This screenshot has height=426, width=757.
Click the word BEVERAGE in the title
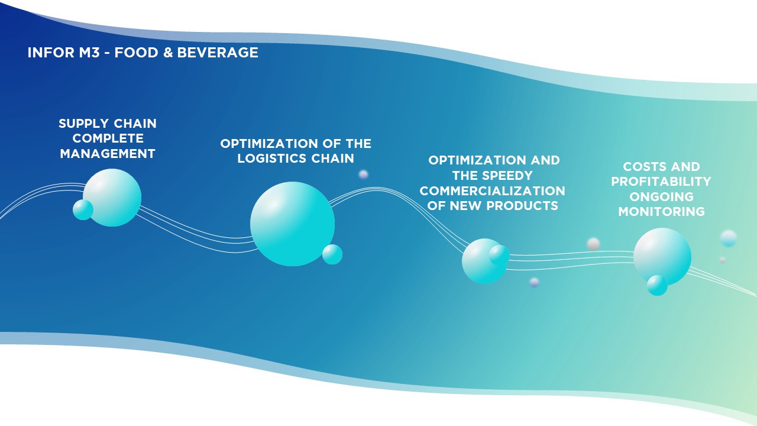[x=218, y=53]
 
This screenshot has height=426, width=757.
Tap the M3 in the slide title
[x=89, y=53]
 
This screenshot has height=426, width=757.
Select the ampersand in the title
[x=167, y=53]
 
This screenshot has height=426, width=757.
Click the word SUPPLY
[x=83, y=124]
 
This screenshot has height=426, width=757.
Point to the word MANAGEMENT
[x=108, y=154]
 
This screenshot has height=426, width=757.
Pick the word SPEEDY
[x=511, y=176]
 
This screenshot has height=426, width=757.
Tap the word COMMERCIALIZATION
[x=493, y=191]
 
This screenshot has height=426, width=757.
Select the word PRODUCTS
[x=522, y=205]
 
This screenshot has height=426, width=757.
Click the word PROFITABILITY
[x=661, y=182]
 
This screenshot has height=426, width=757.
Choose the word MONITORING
[x=661, y=212]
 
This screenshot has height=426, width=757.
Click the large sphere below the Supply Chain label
[x=112, y=198]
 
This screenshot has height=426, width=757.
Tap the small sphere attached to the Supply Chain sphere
[x=83, y=209]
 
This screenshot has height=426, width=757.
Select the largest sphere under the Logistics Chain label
[x=292, y=224]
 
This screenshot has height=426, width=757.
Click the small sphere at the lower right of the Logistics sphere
[x=332, y=254]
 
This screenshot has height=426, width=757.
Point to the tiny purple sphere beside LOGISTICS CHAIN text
[x=363, y=175]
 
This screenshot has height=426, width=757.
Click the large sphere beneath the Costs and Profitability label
[x=662, y=257]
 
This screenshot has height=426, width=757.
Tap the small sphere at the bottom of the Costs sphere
[x=657, y=285]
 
